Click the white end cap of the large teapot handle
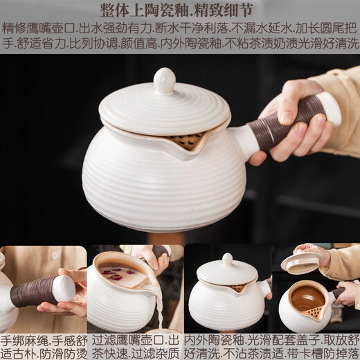coord(329,108)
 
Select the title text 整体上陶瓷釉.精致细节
coord(179,10)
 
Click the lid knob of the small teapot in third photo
coord(227,259)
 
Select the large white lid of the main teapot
coord(164,109)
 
